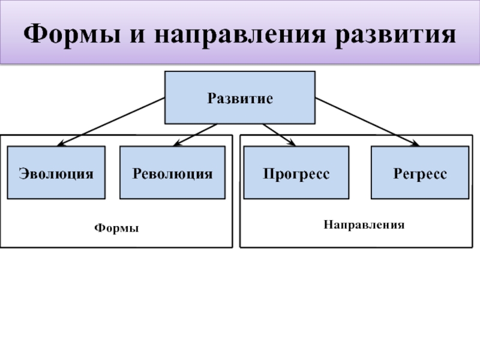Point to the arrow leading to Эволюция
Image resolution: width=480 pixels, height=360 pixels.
point(111,122)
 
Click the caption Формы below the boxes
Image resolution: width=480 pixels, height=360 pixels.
point(116,229)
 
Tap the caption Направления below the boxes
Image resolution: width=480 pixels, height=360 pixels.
point(364,225)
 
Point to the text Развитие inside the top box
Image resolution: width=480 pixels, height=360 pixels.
point(240,98)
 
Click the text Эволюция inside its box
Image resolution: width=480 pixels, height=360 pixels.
point(56,174)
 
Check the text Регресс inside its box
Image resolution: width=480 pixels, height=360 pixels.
point(420,174)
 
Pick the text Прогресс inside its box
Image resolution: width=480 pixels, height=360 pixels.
point(296,174)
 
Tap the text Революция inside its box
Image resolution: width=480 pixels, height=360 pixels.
point(172,174)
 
